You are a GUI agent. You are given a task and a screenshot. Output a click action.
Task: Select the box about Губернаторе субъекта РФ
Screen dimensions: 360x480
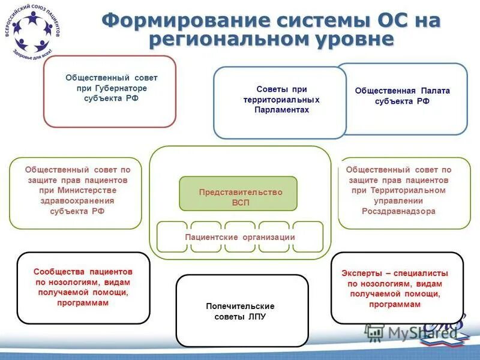[110, 91]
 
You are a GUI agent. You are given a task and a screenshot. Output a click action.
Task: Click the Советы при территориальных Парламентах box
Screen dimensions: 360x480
[280, 102]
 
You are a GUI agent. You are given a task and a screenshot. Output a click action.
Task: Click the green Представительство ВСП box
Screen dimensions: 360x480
[238, 193]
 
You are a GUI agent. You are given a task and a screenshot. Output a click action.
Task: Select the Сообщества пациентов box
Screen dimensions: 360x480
[83, 288]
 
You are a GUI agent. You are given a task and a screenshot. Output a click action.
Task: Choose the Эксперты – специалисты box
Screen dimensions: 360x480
[397, 288]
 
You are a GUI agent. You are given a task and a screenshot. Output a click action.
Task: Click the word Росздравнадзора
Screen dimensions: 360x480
[398, 211]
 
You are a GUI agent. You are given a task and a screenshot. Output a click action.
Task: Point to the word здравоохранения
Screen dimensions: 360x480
[76, 201]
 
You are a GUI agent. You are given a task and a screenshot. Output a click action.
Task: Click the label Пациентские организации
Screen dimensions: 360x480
[240, 237]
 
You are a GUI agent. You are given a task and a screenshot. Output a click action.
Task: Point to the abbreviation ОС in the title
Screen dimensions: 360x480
[382, 20]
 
